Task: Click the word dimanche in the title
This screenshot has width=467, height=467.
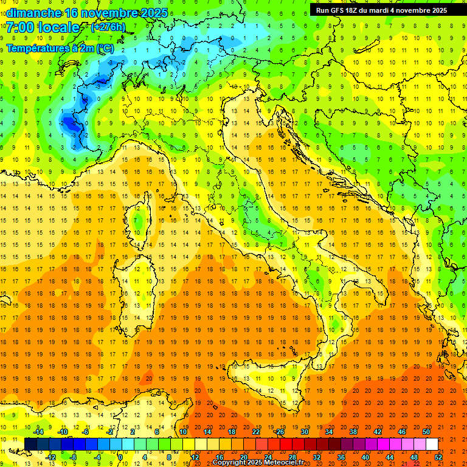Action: point(33,13)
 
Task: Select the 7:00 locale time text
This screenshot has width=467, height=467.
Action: point(43,27)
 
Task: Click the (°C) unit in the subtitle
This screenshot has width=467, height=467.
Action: point(104,47)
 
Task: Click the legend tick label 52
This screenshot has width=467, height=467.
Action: point(438,457)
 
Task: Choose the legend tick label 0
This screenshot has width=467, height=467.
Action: point(120,457)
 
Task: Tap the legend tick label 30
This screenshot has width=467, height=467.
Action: point(305,432)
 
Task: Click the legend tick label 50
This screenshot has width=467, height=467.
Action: point(426,432)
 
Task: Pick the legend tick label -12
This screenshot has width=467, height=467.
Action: point(51,457)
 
